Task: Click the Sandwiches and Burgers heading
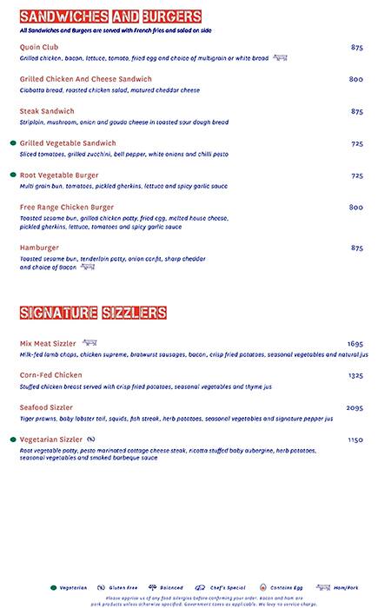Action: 110,17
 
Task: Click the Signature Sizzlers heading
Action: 93,312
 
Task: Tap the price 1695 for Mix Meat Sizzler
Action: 355,344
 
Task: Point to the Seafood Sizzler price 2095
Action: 355,407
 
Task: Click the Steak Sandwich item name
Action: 47,111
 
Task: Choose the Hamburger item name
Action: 41,248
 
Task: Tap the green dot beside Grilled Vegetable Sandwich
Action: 13,142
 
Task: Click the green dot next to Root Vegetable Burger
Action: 13,175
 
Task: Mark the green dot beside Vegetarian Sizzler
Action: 13,439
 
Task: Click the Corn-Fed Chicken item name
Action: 51,375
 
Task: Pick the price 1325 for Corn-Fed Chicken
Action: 355,375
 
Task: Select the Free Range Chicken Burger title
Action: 67,207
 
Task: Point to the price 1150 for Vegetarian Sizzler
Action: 355,439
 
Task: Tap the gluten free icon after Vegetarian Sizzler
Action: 91,439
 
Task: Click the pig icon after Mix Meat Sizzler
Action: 89,343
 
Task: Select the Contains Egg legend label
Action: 286,588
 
